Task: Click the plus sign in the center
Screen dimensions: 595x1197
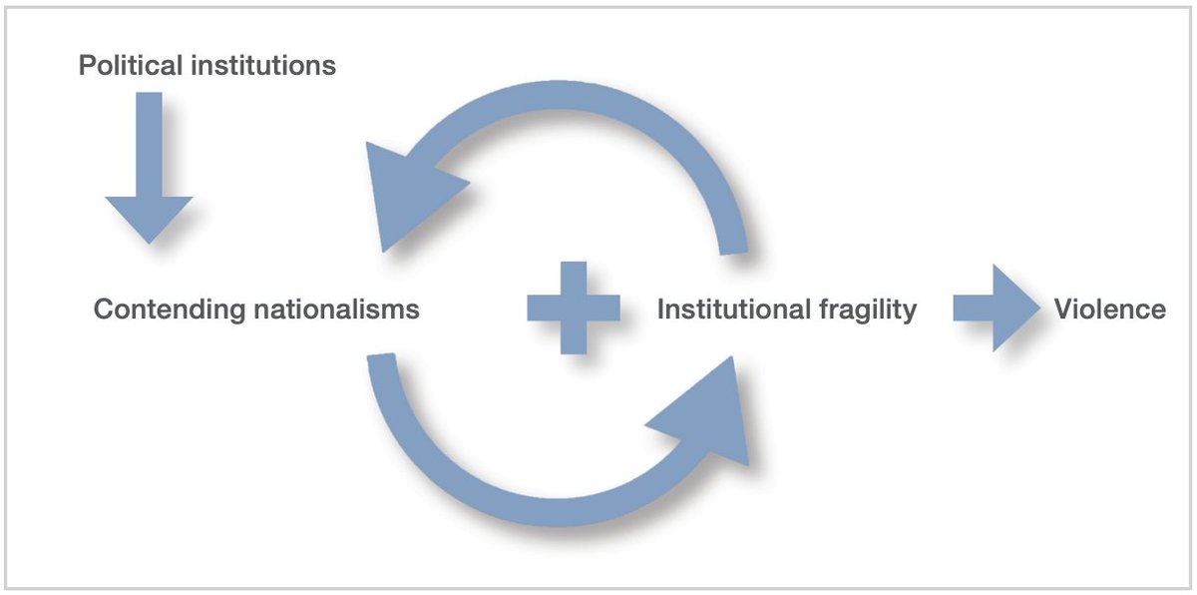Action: click(573, 308)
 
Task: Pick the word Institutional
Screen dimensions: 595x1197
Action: click(733, 309)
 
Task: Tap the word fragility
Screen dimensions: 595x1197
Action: click(867, 310)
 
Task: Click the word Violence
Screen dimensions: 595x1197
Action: click(1109, 309)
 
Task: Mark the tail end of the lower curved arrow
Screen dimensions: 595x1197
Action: click(384, 369)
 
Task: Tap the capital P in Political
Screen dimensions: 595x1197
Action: click(87, 67)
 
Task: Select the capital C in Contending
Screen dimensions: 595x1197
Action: click(103, 309)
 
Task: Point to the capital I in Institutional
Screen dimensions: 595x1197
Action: click(661, 309)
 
